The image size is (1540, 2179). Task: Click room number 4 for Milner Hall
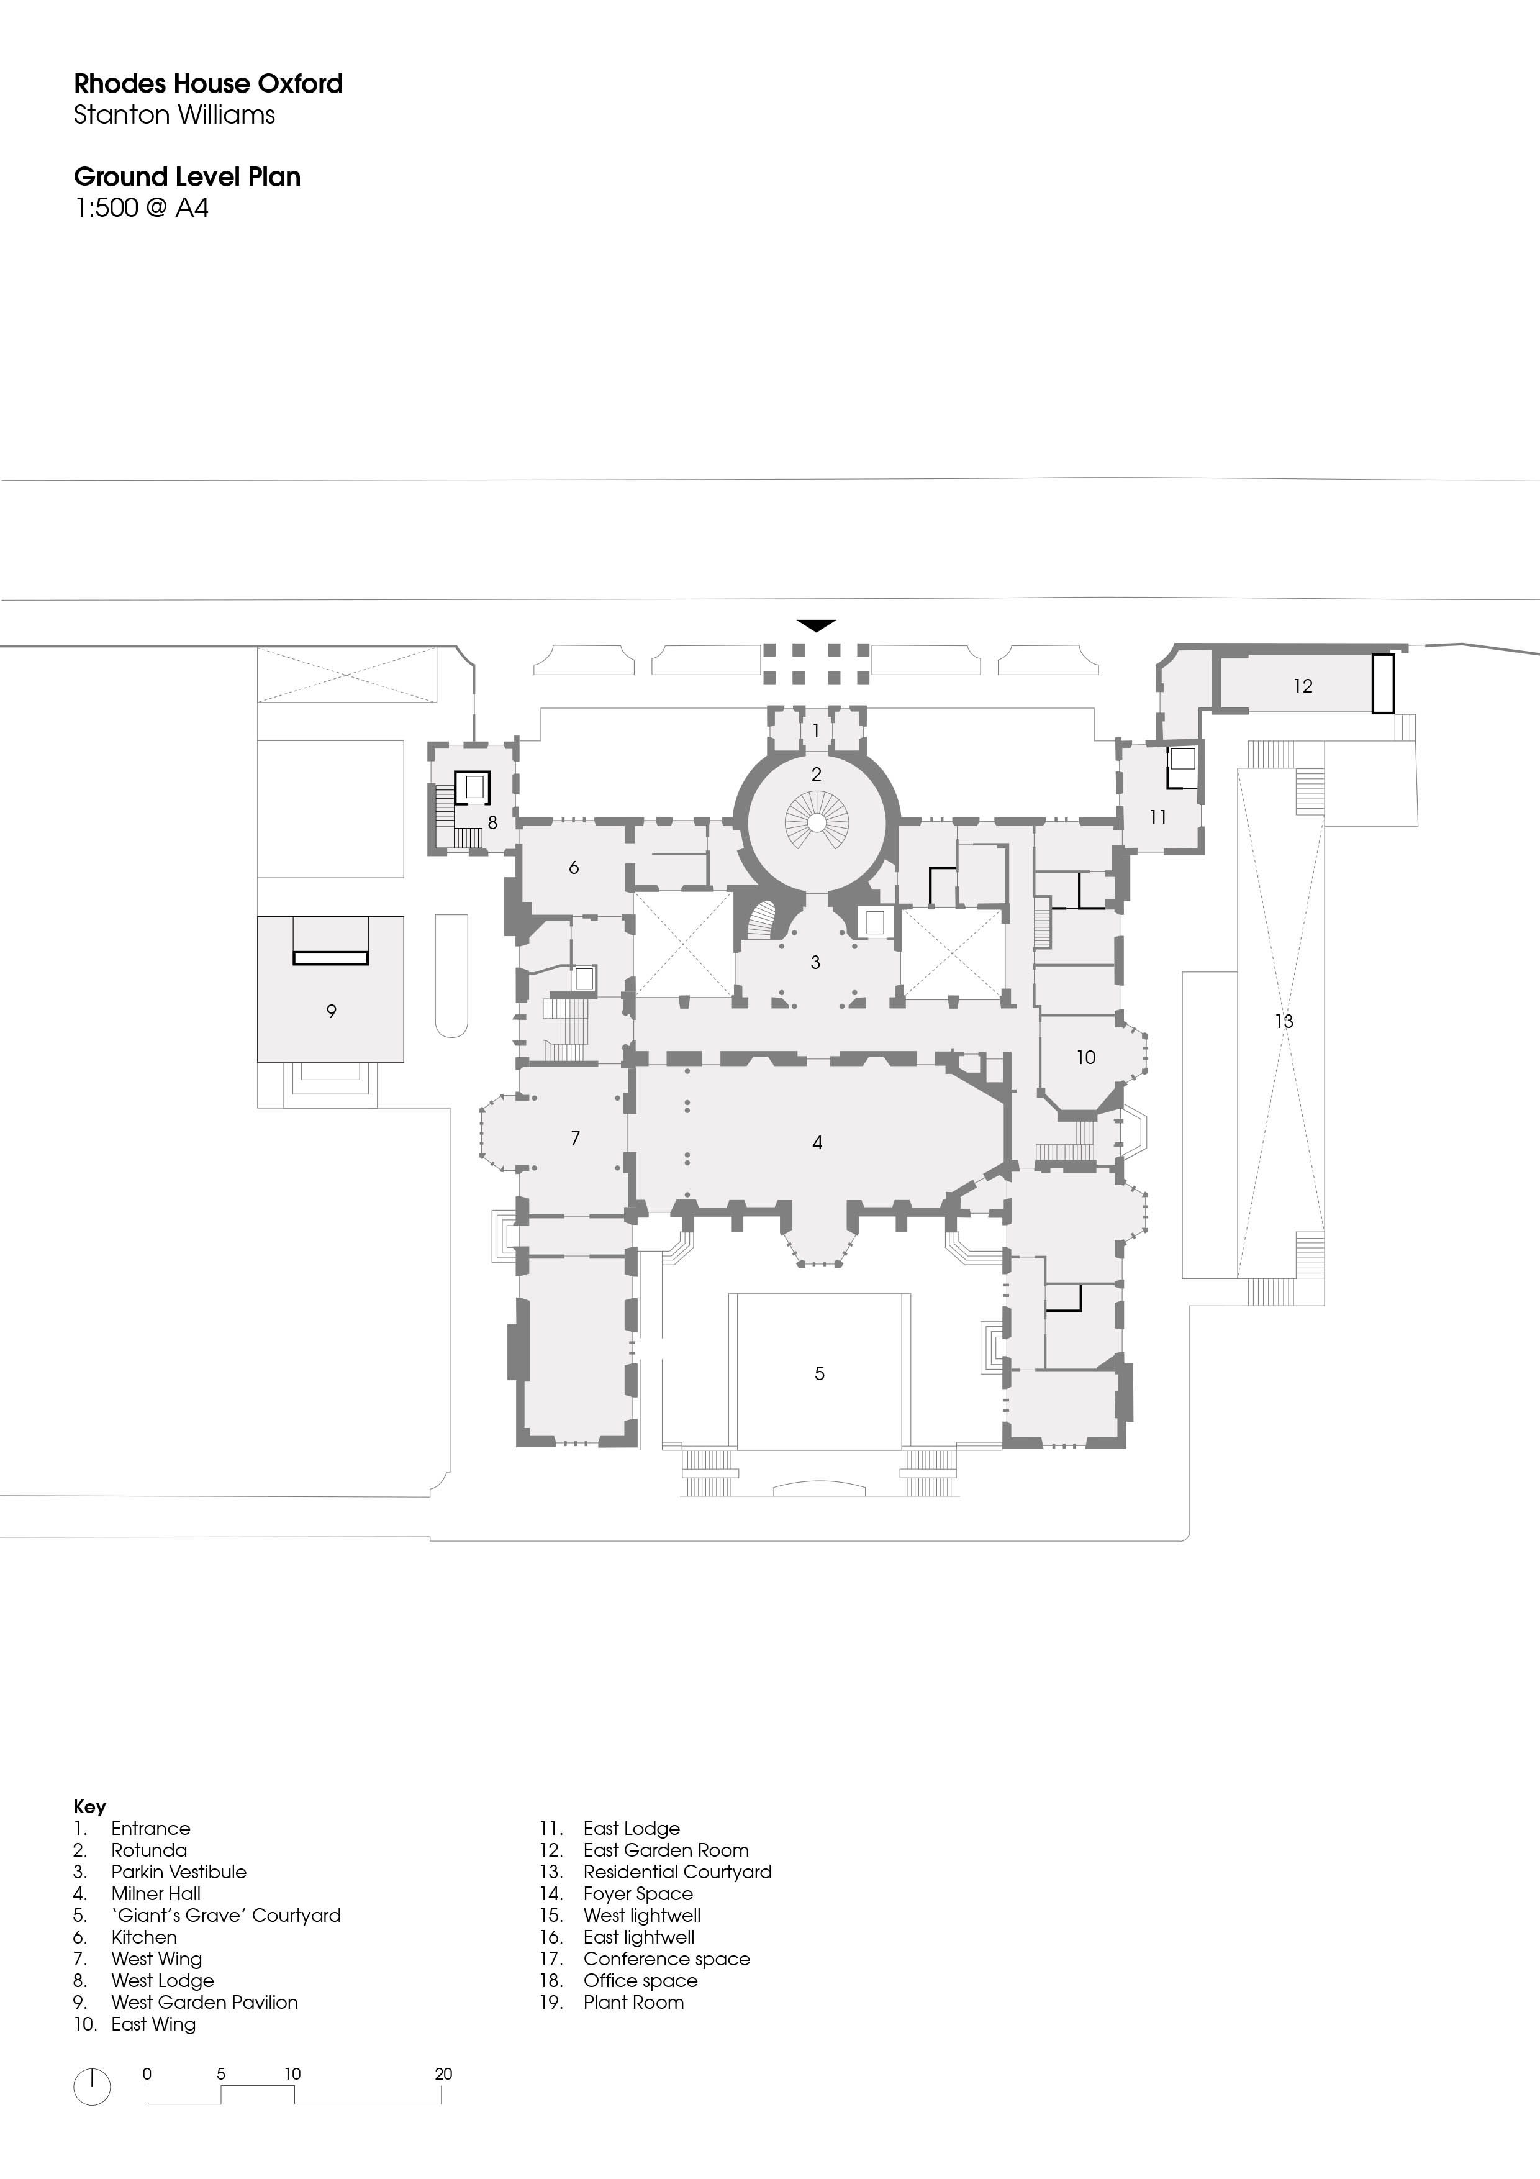[817, 1143]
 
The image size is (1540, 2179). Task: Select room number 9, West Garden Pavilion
[331, 1012]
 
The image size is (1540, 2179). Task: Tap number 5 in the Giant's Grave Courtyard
[820, 1373]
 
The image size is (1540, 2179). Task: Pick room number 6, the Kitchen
[573, 867]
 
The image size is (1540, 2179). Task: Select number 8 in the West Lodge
[492, 823]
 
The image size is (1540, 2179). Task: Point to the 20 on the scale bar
[443, 2073]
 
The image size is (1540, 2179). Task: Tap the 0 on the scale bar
[147, 2073]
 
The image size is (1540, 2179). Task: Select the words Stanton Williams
[174, 115]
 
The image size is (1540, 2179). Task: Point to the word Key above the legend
[89, 1807]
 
